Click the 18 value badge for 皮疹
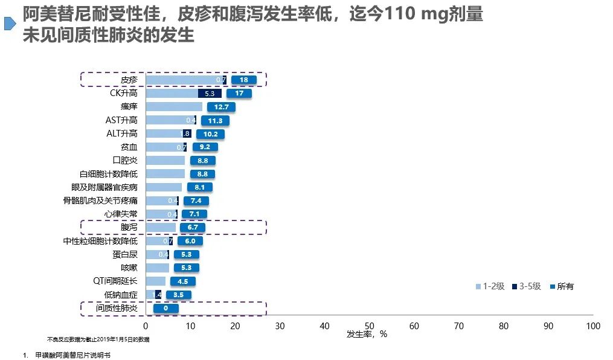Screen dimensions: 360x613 tap(244, 80)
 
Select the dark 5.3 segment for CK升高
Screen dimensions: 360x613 tap(210, 94)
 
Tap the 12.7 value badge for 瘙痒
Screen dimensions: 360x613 tap(221, 107)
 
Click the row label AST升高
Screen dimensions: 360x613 tap(121, 120)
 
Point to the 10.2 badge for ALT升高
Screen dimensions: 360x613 tap(211, 133)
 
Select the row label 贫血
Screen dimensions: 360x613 tap(129, 147)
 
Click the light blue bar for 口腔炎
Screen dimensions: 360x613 tap(165, 161)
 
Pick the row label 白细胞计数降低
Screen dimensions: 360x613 tap(108, 174)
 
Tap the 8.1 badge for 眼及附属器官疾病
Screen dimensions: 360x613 tap(199, 187)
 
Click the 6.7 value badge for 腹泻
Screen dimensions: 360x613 tap(193, 228)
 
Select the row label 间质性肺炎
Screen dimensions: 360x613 tap(117, 309)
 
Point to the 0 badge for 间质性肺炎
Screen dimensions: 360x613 tap(165, 309)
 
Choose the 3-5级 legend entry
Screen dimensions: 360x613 tap(527, 286)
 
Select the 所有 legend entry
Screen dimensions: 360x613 tap(561, 286)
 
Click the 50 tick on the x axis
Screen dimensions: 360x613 tap(369, 326)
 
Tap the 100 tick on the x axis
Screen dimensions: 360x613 tap(592, 326)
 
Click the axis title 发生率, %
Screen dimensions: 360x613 tap(367, 334)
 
